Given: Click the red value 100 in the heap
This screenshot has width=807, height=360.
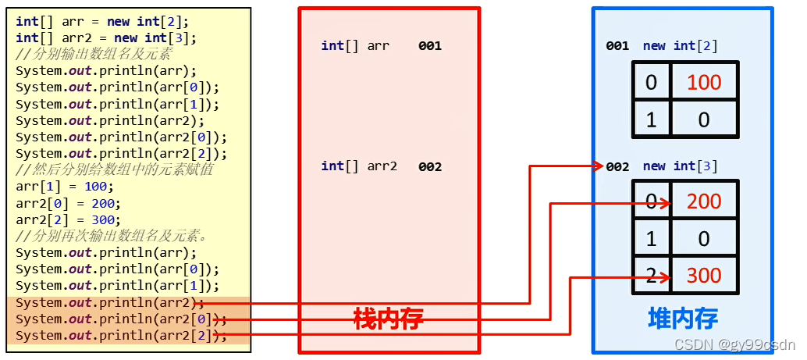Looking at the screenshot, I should tap(704, 82).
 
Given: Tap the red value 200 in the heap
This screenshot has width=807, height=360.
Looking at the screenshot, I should tap(704, 201).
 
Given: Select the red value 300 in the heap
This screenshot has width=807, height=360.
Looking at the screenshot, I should tap(704, 275).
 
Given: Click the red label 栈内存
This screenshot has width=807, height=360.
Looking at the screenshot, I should tap(389, 318).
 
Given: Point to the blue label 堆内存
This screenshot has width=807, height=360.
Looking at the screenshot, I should tap(683, 318).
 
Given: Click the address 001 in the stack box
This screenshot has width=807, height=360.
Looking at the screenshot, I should tap(430, 45).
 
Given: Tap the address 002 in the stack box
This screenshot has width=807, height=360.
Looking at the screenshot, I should tap(430, 166).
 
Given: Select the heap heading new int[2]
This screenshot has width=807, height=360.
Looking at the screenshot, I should tap(680, 45).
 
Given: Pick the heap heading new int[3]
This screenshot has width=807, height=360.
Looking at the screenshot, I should tap(680, 166).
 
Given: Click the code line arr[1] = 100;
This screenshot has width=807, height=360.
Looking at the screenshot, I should tap(65, 187).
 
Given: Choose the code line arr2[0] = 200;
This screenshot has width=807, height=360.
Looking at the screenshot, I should tap(68, 203).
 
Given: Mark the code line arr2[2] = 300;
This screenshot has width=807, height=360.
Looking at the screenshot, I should tap(68, 219).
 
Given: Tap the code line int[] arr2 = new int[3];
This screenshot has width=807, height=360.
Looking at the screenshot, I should tap(106, 37).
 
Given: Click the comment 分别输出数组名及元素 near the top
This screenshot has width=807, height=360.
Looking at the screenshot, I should tap(98, 55).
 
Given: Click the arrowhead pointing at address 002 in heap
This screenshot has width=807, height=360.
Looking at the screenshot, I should tap(599, 166).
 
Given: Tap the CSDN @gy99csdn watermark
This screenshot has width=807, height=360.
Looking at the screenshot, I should tap(734, 344).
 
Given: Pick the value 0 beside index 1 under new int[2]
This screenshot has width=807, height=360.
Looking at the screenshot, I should tap(704, 119).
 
